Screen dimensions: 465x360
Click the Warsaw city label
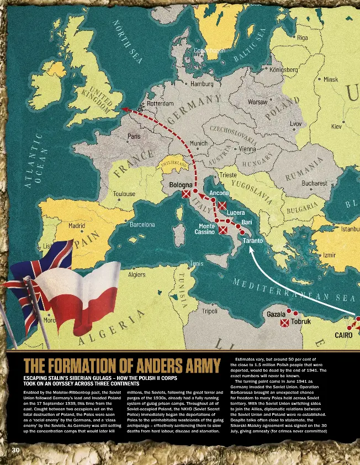point(258,102)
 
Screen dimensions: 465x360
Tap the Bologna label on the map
point(181,184)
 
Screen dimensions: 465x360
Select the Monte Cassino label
point(207,229)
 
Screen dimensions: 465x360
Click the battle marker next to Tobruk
point(285,323)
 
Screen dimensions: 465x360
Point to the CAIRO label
point(343,335)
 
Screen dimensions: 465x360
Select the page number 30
point(16,451)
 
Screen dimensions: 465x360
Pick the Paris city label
point(134,136)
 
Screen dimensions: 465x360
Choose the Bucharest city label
point(315,183)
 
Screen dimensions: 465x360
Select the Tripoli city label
point(209,311)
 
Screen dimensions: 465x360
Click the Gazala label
point(276,314)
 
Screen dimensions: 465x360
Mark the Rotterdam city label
point(161,103)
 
